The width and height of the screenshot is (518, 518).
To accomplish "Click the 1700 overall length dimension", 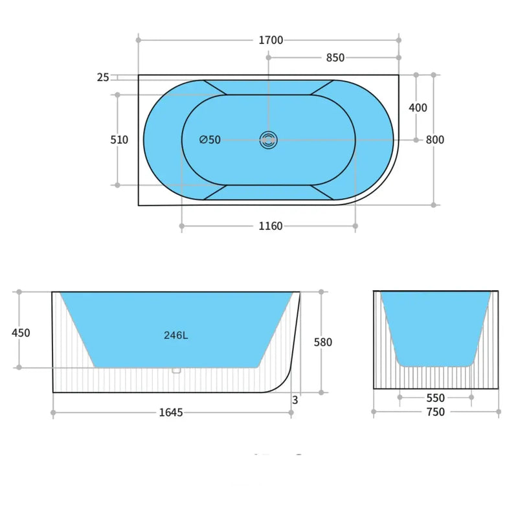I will coord(271,40).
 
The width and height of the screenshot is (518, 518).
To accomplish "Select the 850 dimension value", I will coord(335,58).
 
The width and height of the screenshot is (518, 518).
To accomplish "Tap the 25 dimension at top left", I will coord(103,78).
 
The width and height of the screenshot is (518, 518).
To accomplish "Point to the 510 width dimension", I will coord(120,140).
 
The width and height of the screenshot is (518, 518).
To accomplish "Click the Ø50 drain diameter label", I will coord(210,140).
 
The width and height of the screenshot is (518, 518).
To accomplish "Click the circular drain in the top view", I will coord(268,139).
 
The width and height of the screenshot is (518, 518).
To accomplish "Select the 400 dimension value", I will coord(418,107).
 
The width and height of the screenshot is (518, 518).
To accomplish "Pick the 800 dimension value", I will coord(435,140).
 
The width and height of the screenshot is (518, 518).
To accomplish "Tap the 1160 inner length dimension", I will coord(270,226).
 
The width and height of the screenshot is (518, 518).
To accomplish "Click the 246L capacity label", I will coord(175,335).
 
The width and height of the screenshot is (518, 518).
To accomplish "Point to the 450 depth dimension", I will coord(21,333).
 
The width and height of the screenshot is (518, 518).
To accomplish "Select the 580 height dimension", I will coord(322,343).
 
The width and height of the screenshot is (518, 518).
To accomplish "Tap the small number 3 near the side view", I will coord(295,400).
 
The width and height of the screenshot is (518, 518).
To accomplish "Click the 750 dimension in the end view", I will coord(436,412).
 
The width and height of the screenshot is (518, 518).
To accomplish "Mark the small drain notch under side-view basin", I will coord(175,370).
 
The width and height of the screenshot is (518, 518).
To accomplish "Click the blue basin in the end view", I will coord(435,324).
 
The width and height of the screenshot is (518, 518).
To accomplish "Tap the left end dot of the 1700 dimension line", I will coord(139,40).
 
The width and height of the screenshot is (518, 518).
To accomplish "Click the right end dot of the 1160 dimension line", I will coord(355,226).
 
